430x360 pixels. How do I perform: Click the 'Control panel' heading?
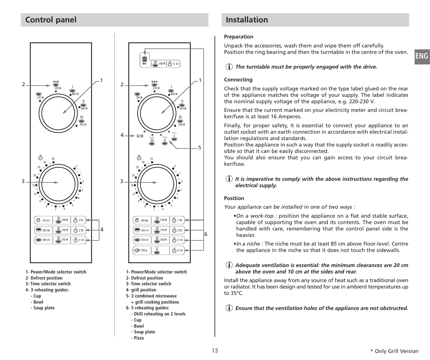click(51, 20)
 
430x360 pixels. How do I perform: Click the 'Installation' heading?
click(247, 20)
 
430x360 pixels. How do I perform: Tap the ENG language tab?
click(422, 56)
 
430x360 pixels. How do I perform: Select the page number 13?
click(215, 350)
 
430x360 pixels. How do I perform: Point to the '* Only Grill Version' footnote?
click(394, 351)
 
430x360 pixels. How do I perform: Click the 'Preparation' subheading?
click(239, 37)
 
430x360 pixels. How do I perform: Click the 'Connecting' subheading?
click(238, 80)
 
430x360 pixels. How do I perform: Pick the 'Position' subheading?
click(234, 198)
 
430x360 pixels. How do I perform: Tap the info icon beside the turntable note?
click(229, 67)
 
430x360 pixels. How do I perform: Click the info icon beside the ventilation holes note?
click(229, 308)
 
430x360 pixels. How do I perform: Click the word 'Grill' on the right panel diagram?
click(140, 136)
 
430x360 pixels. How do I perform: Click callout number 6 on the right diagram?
click(206, 234)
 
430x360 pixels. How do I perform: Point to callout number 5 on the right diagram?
click(199, 148)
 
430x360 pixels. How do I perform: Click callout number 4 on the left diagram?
click(102, 230)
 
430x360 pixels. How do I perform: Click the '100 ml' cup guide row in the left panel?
click(60, 221)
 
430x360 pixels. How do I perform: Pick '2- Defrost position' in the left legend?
click(44, 278)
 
